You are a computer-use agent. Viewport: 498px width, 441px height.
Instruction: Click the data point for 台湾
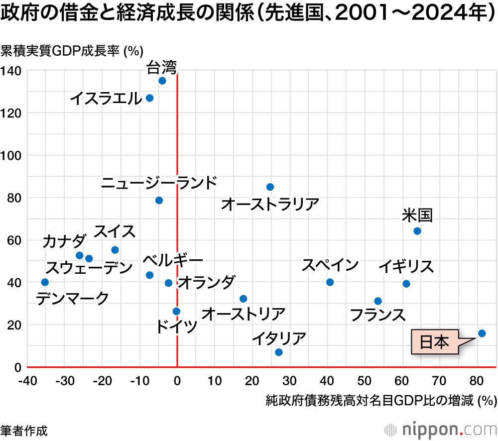coord(162,81)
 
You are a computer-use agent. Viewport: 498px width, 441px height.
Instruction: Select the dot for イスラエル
coord(149,98)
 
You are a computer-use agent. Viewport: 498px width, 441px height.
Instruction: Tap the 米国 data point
coord(417,231)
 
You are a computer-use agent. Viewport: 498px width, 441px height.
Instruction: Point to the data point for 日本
coord(482,333)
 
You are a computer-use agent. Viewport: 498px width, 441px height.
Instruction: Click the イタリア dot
coord(279,352)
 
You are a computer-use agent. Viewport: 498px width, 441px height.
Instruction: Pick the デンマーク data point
coord(45,282)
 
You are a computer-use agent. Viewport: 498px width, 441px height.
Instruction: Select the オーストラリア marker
coord(270,187)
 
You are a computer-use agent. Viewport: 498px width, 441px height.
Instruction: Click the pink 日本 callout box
coord(435,342)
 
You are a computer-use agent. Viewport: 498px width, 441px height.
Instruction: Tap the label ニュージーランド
coord(159,183)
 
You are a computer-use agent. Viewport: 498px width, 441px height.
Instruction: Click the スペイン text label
coord(330,265)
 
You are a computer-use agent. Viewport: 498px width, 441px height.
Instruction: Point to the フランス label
coord(377,315)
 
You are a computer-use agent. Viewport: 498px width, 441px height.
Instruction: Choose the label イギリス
coord(406,267)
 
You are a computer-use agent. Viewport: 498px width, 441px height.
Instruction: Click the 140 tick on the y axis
coord(10,71)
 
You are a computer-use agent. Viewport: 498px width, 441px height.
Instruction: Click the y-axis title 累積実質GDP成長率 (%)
coord(72,51)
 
